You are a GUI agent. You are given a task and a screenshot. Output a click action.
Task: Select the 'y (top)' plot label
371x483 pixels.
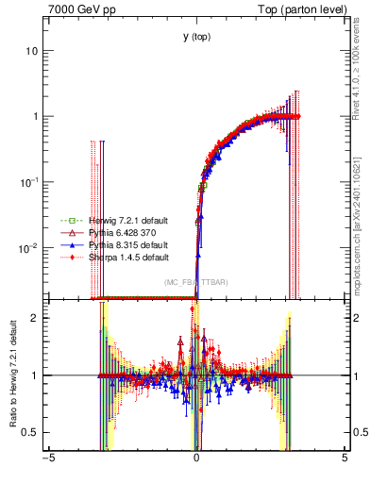(x=195, y=37)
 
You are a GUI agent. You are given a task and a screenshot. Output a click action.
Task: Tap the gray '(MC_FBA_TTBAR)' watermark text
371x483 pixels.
(x=194, y=282)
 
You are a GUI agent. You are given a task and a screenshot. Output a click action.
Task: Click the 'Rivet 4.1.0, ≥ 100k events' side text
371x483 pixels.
(x=361, y=71)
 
